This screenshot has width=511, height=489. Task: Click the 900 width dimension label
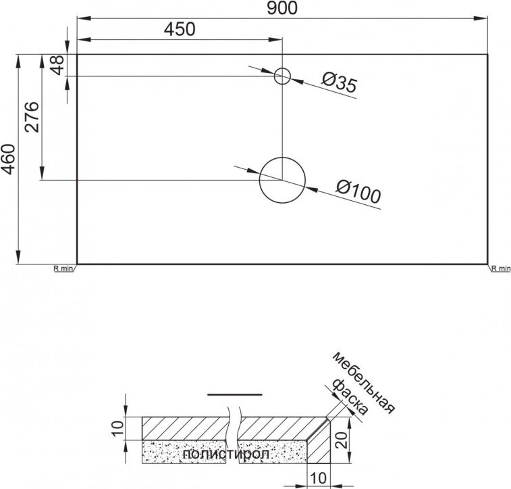coord(282,8)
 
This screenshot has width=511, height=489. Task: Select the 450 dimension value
coord(180,28)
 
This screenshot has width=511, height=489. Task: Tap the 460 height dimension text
coord(9,159)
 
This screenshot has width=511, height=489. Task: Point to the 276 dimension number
coord(32,117)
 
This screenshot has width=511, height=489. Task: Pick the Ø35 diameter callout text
coord(340,82)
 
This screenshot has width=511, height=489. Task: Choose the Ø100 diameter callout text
coord(358,191)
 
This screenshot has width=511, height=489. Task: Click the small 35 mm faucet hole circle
coord(282,68)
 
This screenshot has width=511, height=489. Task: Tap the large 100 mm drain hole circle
coord(282,158)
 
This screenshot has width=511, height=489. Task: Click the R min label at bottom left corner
coord(63,269)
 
